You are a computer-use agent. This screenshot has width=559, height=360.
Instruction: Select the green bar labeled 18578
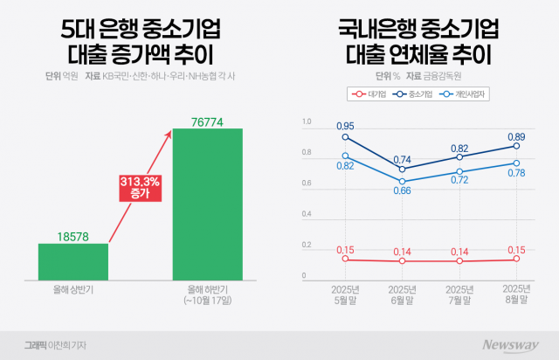[72, 260]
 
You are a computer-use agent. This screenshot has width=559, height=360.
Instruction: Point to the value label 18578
[72, 236]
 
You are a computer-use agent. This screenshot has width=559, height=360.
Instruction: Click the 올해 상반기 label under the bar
[72, 288]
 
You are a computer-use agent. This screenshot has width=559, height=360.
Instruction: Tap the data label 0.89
[516, 136]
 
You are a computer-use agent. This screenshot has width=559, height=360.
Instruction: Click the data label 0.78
[516, 173]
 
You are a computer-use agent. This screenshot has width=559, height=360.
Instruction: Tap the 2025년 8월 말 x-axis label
[516, 294]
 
